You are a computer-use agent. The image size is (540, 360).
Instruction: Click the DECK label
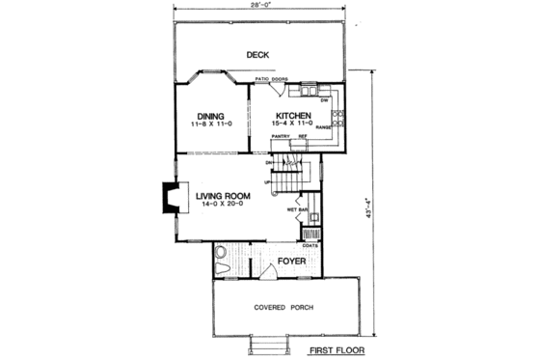pos(256,54)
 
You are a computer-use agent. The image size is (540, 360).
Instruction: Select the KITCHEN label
pos(290,115)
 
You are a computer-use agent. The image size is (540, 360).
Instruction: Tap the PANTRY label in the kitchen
pos(280,138)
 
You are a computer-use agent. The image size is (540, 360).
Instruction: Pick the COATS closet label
pos(310,245)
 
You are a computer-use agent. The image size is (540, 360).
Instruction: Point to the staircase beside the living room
pos(291,178)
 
